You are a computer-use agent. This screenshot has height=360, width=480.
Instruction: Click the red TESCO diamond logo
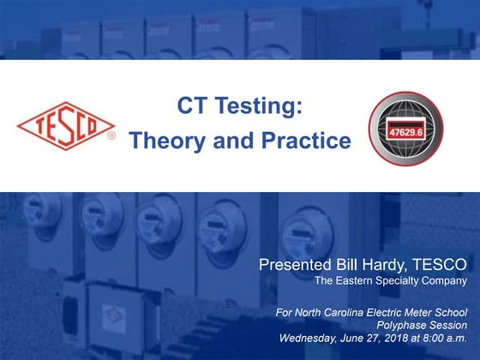tap(65, 126)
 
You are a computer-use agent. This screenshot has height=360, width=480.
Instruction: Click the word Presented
tap(301, 263)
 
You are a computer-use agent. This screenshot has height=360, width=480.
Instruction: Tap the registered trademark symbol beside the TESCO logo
tap(111, 135)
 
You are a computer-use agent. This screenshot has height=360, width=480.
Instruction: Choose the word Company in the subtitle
tap(447, 280)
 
